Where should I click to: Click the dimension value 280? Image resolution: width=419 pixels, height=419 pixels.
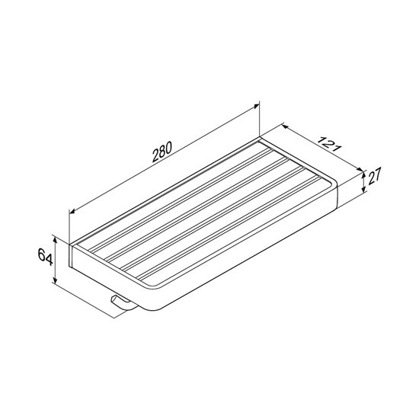click(x=162, y=152)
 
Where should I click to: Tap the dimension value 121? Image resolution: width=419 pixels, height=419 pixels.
click(x=329, y=144)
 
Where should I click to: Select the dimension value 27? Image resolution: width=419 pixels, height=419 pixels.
click(x=374, y=176)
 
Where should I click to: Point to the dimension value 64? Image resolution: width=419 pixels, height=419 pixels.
click(x=45, y=257)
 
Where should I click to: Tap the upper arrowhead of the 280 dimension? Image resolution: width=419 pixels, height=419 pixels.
click(x=257, y=107)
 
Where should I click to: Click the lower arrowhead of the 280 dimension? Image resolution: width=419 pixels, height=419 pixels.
click(x=72, y=211)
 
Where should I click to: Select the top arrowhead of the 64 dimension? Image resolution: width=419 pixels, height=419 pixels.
click(x=56, y=240)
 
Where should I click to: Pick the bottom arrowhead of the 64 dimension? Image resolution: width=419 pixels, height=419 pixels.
click(x=56, y=280)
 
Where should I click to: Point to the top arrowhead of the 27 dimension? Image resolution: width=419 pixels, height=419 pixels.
click(x=363, y=174)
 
